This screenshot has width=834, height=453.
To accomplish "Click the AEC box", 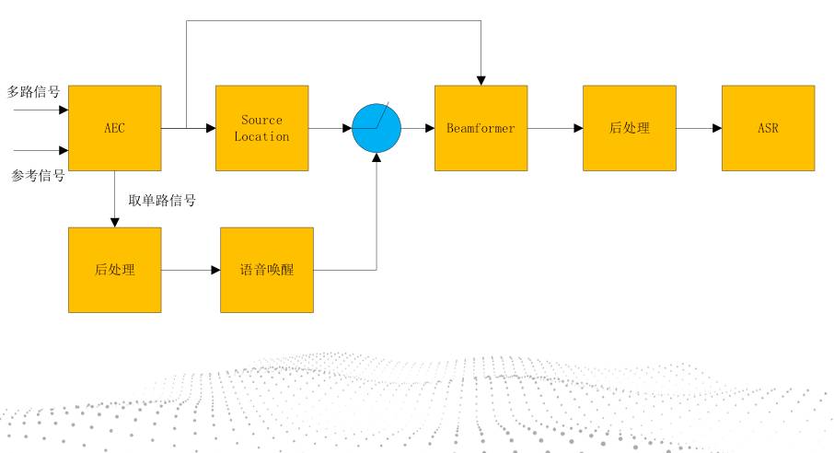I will [114, 128].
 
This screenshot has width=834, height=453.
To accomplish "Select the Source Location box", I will [261, 128].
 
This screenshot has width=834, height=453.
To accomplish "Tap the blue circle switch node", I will [377, 128].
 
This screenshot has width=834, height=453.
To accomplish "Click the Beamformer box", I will [481, 128].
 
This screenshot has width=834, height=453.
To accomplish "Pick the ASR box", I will [768, 128].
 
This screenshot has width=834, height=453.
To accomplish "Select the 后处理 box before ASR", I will [629, 128].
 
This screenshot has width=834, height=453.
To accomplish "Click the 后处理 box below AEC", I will [114, 270].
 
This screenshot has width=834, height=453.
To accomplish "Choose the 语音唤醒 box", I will [267, 270].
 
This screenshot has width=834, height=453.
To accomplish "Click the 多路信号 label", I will [34, 91].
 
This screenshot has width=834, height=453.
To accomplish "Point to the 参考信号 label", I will [37, 176].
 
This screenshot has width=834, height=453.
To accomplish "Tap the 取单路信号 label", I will [161, 200].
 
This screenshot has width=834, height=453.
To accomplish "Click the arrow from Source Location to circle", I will [330, 128].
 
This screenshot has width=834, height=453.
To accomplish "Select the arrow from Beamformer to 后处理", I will [555, 128].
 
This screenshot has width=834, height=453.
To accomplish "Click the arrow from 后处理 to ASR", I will [698, 128].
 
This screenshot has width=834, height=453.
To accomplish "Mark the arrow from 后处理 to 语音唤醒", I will [191, 270].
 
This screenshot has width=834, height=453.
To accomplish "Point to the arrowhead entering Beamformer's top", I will [481, 79].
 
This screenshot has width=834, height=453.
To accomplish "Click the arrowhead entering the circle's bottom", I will [376, 157].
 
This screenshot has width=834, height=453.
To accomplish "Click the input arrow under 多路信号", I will [41, 109].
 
